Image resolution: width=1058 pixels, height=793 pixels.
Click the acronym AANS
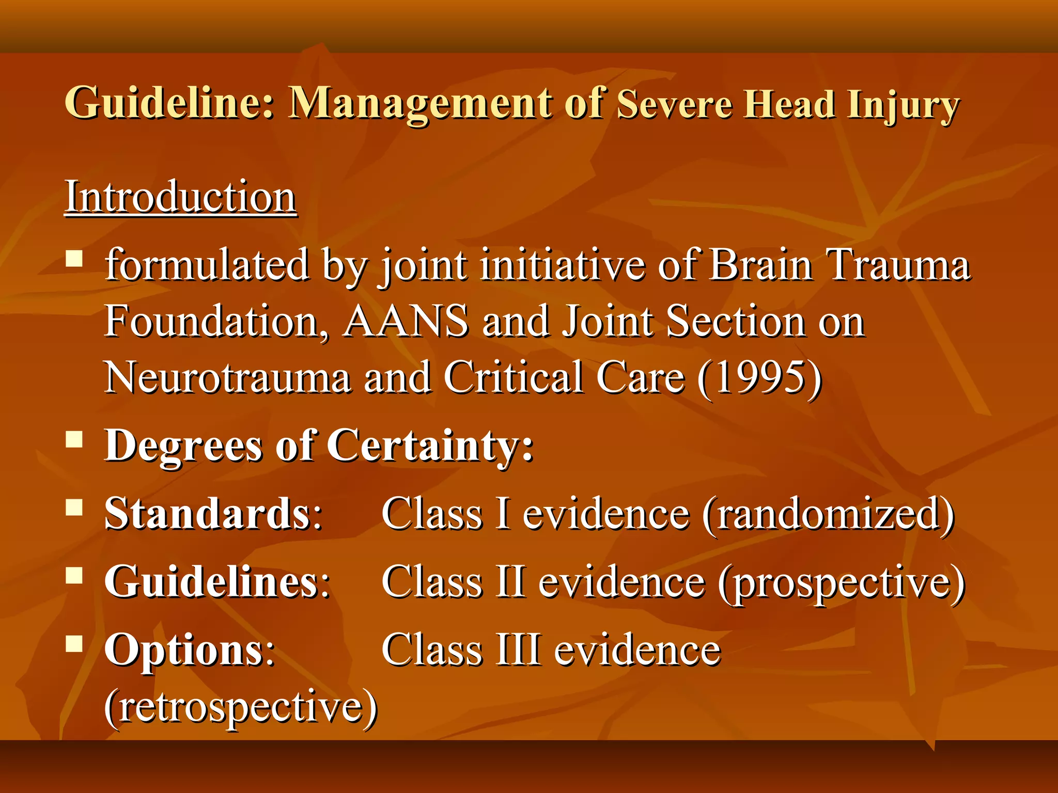click(406, 321)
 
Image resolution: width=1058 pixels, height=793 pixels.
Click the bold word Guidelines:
click(217, 582)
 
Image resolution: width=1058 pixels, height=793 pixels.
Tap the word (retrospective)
click(241, 708)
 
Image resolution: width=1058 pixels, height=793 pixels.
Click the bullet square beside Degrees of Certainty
click(75, 439)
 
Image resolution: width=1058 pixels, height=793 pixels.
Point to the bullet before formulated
click(75, 258)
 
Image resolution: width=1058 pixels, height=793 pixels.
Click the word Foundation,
click(216, 321)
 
